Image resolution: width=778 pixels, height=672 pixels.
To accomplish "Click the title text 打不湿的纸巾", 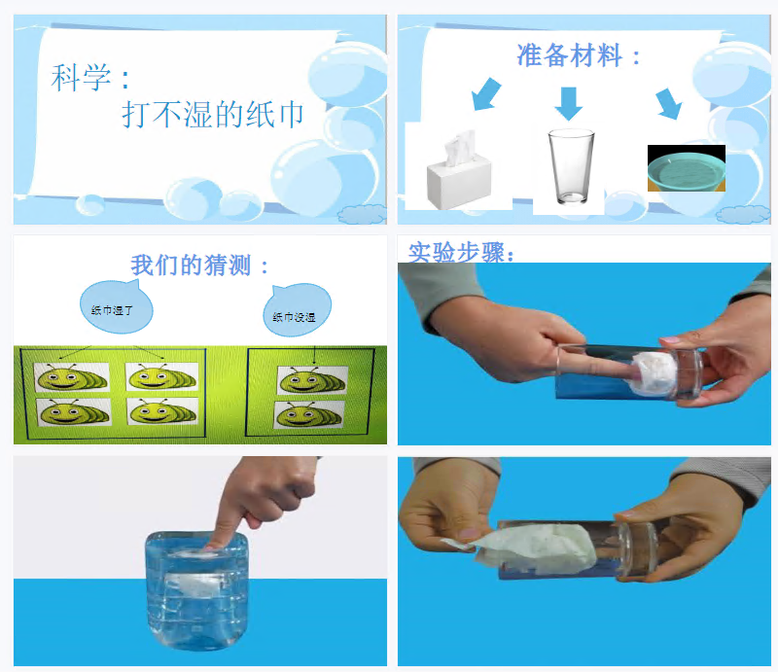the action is [x=213, y=114].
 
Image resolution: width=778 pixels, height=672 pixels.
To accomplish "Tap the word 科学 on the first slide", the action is [x=81, y=78].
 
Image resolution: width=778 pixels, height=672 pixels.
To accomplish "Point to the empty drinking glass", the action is [x=571, y=166].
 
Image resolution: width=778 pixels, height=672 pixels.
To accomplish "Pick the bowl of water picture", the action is [x=687, y=168].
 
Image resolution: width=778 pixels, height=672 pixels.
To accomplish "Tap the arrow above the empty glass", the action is [x=569, y=104].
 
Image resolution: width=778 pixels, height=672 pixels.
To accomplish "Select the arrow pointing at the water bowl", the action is [x=669, y=104].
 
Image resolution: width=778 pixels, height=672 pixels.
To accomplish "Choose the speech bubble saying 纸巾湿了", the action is [x=115, y=306].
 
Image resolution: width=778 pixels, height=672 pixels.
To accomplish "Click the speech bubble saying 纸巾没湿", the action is [x=297, y=309].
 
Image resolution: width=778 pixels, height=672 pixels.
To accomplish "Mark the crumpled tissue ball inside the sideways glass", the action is [x=653, y=372].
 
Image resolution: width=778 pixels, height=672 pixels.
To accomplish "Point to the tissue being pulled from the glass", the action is [x=526, y=548].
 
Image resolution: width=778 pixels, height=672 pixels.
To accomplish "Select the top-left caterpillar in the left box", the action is [x=71, y=377].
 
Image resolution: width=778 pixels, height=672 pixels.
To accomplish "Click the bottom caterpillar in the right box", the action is [x=308, y=414].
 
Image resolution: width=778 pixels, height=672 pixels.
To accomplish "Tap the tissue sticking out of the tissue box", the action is [x=459, y=148].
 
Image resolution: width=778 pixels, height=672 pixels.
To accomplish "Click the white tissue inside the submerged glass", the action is [x=195, y=584].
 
